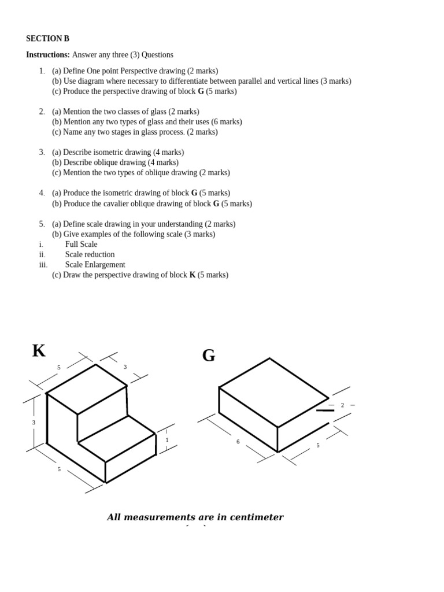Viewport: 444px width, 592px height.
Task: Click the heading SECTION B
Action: [47, 39]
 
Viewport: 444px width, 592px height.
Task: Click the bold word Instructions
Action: [47, 55]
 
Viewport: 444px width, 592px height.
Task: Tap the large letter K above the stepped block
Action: [39, 351]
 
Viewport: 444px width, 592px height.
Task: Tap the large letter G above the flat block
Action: [209, 356]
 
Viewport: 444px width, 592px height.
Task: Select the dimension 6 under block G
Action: [238, 442]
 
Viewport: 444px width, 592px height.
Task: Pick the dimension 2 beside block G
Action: [342, 405]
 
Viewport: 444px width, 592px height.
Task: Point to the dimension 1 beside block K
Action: [167, 440]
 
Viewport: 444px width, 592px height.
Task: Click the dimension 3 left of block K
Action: [34, 423]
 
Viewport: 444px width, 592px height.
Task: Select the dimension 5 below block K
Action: [59, 469]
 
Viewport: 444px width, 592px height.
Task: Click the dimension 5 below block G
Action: [317, 445]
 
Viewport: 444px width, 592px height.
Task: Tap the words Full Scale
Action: [81, 245]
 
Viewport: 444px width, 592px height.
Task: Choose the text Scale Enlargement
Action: [95, 265]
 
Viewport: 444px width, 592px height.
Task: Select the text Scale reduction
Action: [90, 254]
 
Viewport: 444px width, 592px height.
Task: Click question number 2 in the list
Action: [42, 112]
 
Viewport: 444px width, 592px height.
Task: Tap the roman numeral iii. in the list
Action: [43, 265]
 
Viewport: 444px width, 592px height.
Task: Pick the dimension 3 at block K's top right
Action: [125, 367]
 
